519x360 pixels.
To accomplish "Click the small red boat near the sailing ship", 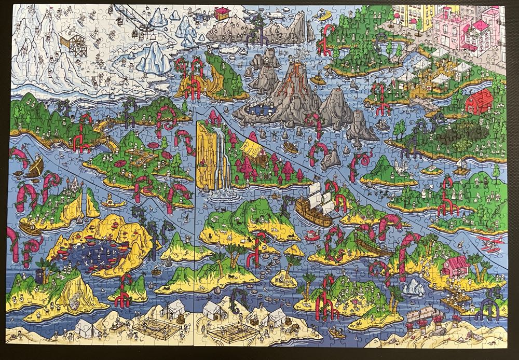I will pos(312,234).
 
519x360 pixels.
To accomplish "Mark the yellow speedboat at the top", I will pos(326,15).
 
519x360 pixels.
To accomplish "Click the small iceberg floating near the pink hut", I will pos(414,286).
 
